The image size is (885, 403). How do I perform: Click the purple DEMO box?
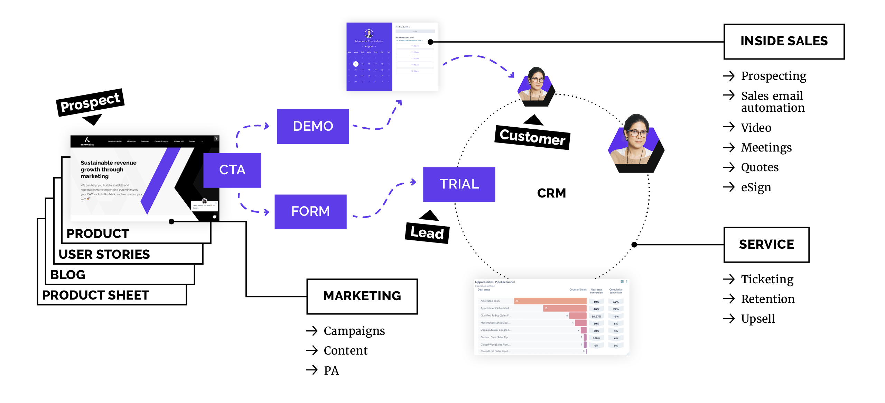[313, 126]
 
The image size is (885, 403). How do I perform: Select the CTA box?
[232, 170]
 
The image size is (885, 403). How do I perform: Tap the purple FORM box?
[310, 211]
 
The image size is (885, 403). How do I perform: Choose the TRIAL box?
[459, 184]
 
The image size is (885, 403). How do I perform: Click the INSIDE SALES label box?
[784, 42]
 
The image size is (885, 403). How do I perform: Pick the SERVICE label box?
[766, 245]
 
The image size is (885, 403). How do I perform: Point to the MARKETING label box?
[362, 296]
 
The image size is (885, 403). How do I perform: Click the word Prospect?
[90, 102]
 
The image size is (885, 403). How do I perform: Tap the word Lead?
[427, 233]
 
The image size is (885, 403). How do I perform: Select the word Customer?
[532, 137]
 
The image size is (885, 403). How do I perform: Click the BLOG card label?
[68, 275]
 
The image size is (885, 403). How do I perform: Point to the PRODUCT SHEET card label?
[96, 295]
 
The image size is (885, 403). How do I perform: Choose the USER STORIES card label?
[104, 255]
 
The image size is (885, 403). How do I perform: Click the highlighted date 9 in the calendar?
[356, 64]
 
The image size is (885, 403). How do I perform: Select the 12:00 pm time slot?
[415, 71]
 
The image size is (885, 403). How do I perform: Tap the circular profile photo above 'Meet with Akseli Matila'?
[369, 34]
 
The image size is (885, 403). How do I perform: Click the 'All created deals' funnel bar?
[550, 301]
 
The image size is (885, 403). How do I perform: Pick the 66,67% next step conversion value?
[596, 317]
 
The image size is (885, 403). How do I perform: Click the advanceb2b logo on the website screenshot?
[87, 141]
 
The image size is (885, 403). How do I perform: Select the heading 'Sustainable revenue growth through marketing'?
[108, 170]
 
